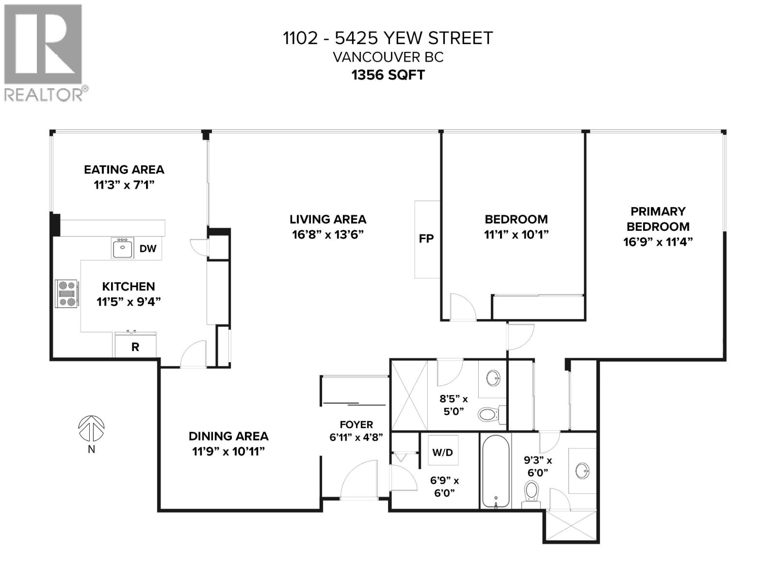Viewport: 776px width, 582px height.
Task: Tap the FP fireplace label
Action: pos(426,239)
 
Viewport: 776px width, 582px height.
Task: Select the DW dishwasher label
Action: pos(148,249)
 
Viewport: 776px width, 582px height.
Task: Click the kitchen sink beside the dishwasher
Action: pos(122,248)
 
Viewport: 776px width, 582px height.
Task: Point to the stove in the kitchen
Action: pos(66,293)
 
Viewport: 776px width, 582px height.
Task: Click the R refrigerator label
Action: pos(135,347)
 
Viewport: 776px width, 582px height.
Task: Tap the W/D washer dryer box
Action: pos(442,453)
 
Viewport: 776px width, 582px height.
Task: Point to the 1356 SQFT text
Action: pos(388,75)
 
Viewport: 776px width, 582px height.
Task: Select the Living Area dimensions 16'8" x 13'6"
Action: pos(328,235)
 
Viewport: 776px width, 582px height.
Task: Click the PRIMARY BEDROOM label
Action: pos(658,219)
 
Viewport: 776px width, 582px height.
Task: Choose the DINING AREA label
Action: pos(228,436)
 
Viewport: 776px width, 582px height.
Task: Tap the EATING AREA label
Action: pos(124,169)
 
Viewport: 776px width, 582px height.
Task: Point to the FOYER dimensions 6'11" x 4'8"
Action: pos(356,437)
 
